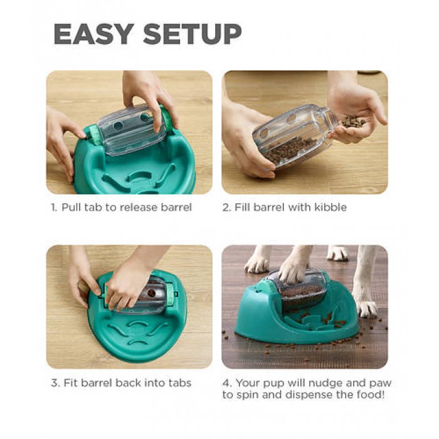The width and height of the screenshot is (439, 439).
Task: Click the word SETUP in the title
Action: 193,34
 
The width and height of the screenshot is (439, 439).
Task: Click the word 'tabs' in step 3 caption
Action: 180,383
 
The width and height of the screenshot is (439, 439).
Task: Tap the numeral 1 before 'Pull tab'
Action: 53,208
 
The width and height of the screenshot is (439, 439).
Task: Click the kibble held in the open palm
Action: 353,122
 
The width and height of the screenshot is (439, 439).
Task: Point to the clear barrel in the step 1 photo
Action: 131,129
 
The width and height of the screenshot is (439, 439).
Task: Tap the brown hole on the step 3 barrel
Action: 152,293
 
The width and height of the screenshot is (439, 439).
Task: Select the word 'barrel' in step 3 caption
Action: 97,383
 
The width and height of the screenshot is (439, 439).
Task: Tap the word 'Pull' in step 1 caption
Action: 71,208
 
